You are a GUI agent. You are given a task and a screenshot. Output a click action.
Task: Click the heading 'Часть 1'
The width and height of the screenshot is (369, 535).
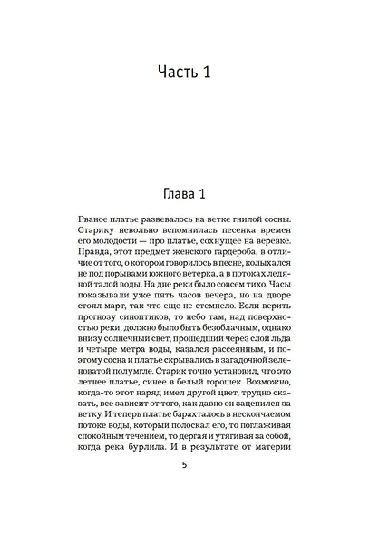click(x=184, y=72)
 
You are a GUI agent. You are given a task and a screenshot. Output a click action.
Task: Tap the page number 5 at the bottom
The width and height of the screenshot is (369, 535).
click(x=184, y=491)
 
